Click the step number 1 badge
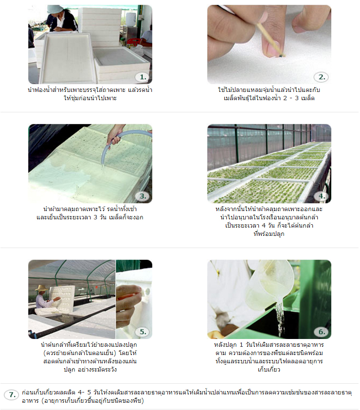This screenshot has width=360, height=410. [x=143, y=77]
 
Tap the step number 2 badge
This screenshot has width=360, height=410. [x=322, y=77]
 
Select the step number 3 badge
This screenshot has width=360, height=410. [x=143, y=196]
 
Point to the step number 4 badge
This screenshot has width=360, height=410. [x=322, y=196]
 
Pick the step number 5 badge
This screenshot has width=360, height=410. [x=143, y=332]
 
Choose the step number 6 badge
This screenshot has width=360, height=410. [x=322, y=332]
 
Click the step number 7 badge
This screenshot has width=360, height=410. [x=12, y=394]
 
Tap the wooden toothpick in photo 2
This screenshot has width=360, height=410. [x=270, y=39]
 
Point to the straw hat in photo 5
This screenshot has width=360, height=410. [x=42, y=288]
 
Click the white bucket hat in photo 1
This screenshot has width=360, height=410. [x=55, y=9]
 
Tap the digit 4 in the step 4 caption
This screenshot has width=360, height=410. [x=264, y=226]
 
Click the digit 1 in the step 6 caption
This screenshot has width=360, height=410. [x=241, y=345]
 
